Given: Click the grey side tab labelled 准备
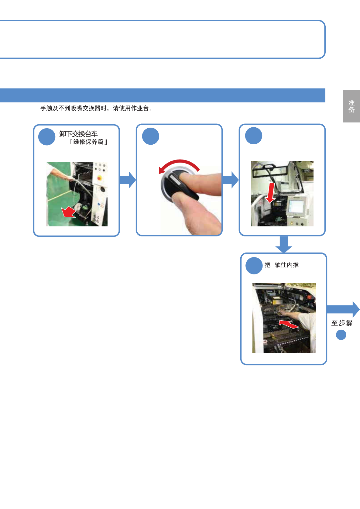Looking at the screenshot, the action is (x=351, y=106).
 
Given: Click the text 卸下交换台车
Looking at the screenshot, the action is (x=78, y=134).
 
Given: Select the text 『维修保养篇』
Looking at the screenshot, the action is (x=88, y=142).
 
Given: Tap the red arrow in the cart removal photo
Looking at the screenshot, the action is (x=68, y=212).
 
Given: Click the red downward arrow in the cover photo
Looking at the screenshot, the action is (x=270, y=193).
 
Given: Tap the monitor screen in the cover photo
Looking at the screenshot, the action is (x=296, y=206).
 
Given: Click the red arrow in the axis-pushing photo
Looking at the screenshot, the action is (x=288, y=324).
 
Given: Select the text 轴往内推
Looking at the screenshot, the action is (x=286, y=265).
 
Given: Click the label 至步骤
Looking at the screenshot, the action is (x=341, y=323).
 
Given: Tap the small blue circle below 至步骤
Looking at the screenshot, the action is (x=341, y=335).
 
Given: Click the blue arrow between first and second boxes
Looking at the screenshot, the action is (x=127, y=180).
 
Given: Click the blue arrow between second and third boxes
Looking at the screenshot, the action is (x=230, y=180).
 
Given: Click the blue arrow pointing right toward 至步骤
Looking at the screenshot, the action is (x=343, y=309).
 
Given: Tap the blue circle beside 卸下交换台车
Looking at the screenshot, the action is (x=47, y=137).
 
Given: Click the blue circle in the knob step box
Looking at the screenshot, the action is (x=150, y=136).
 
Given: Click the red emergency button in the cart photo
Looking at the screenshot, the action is (x=99, y=178).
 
